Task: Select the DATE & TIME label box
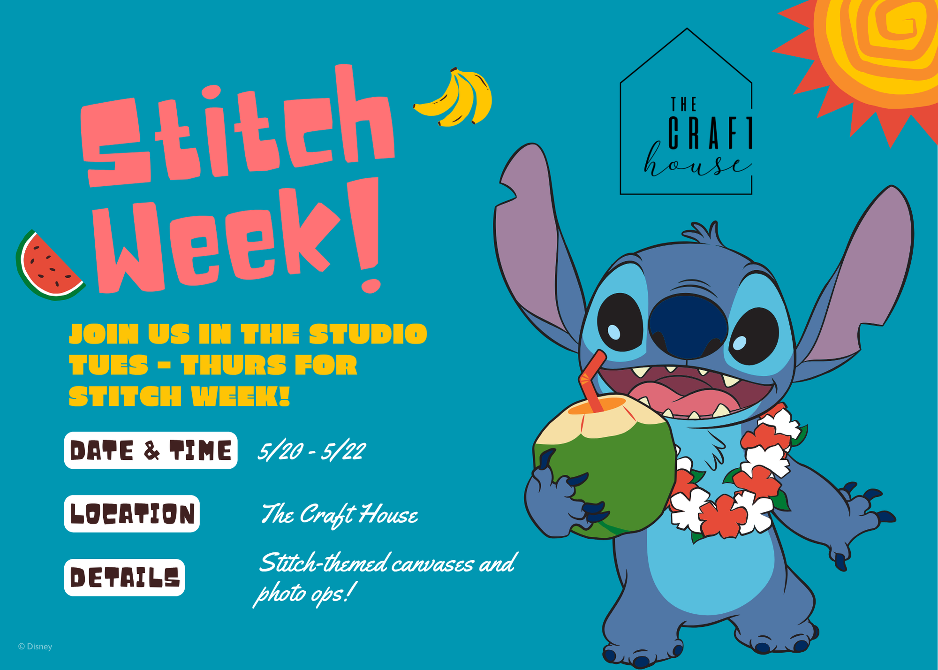tap(151, 450)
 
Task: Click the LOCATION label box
tap(132, 514)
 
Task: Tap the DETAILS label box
tap(124, 578)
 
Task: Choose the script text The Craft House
tap(339, 515)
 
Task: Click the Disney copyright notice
tap(35, 647)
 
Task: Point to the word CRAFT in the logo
tap(710, 133)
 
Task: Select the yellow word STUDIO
tap(368, 334)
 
